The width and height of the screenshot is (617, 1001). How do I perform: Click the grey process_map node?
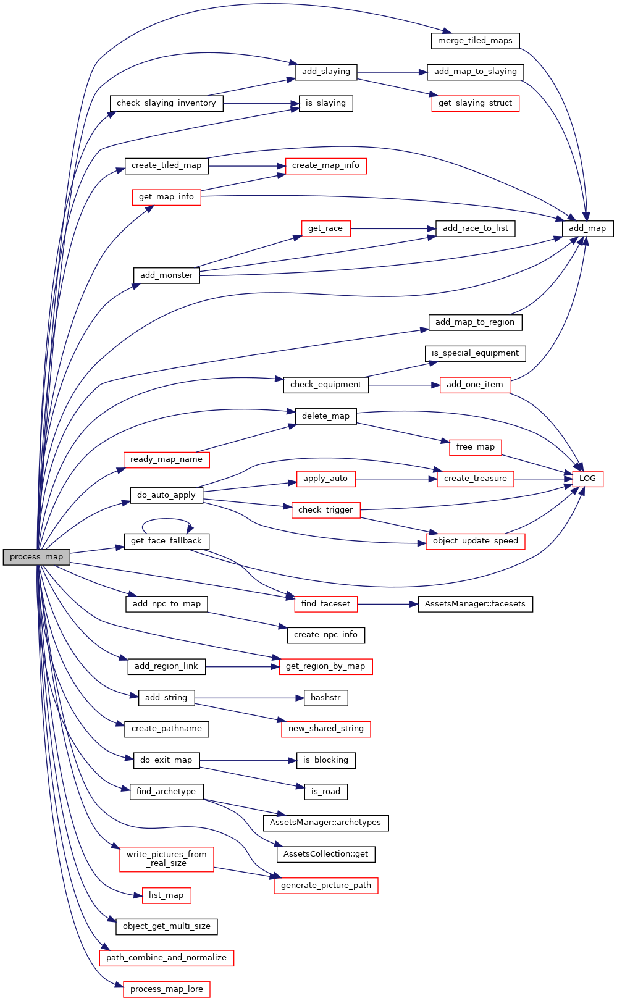(x=36, y=557)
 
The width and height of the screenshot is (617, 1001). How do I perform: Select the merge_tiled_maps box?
(x=475, y=41)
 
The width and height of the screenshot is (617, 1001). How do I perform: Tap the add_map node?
(x=587, y=228)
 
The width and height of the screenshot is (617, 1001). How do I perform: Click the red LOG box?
(x=587, y=479)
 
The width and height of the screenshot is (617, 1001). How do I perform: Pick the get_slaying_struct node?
(x=475, y=103)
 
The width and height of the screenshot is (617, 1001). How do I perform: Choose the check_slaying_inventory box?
(x=166, y=103)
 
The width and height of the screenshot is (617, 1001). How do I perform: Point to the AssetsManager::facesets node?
(x=475, y=604)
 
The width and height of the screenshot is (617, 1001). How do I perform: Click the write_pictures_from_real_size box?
(x=166, y=858)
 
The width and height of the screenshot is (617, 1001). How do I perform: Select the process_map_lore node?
(x=166, y=989)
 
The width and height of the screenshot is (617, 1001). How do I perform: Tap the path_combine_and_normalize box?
(x=166, y=958)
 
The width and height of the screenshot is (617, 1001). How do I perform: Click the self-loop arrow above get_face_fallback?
(x=166, y=519)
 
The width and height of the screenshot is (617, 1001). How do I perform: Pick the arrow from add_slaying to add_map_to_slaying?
(x=392, y=72)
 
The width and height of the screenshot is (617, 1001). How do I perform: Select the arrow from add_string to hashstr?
(x=250, y=698)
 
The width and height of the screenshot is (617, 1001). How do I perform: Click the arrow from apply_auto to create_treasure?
(x=396, y=479)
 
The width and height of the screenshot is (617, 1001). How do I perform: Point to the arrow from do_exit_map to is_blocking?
(x=248, y=760)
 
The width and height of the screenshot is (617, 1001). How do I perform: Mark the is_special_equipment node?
(x=475, y=353)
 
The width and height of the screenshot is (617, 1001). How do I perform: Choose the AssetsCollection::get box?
(x=325, y=854)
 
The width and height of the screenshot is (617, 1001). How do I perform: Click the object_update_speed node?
(x=475, y=541)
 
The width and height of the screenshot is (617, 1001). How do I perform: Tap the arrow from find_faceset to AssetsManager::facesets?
(x=388, y=604)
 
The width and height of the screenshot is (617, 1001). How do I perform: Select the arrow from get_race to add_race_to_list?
(x=393, y=228)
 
